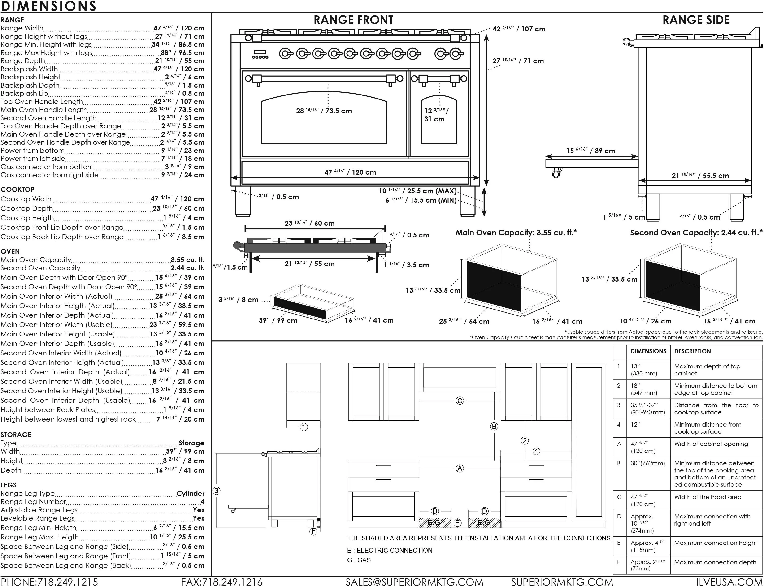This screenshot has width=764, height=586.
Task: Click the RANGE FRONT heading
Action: tap(353, 20)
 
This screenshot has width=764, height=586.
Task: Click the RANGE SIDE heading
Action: tap(696, 20)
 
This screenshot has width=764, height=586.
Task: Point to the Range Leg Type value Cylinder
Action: tap(191, 493)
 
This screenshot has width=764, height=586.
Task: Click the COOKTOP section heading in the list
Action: tap(17, 190)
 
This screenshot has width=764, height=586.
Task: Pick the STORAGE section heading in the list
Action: tap(16, 435)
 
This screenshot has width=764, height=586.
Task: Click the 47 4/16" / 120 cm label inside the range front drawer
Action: tap(350, 172)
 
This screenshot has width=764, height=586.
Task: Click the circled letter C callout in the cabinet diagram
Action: tap(460, 401)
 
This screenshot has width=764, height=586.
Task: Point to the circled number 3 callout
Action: tap(217, 491)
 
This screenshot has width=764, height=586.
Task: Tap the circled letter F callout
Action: tap(313, 532)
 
